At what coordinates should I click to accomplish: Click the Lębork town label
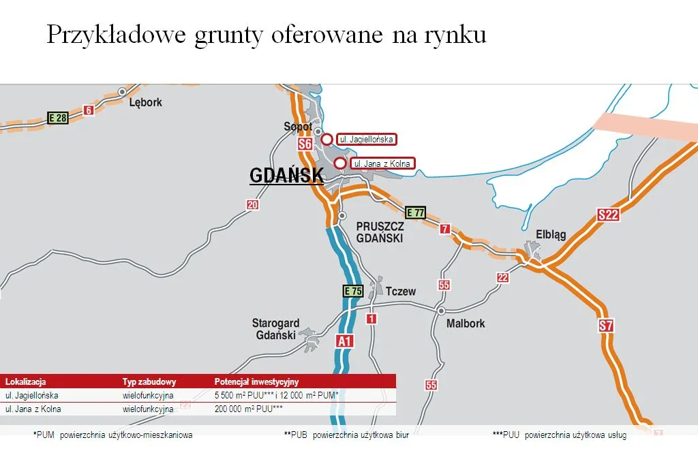146,102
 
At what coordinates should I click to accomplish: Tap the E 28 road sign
58,118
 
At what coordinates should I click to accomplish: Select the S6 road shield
305,144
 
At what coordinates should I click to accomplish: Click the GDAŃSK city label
286,175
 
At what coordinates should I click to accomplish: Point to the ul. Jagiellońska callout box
367,139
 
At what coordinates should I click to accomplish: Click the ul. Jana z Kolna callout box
382,163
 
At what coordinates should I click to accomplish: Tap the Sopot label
297,127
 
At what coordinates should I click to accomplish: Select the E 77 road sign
415,213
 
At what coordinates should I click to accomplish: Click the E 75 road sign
352,291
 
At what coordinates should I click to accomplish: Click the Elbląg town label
551,234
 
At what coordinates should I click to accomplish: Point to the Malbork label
466,324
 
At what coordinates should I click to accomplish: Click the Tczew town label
400,291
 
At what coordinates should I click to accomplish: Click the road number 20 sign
253,205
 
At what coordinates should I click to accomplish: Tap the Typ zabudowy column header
149,382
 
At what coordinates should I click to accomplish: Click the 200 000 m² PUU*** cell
249,409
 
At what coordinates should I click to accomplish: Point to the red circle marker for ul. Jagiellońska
327,140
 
